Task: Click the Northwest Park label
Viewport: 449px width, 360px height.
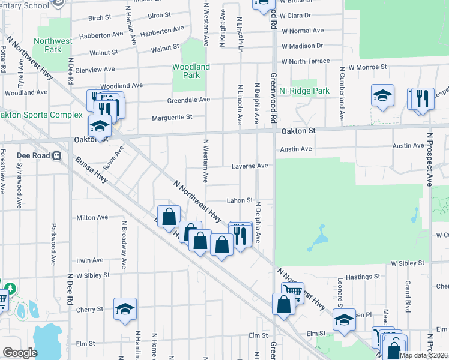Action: click(53, 45)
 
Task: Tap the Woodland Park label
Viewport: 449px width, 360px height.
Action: click(191, 71)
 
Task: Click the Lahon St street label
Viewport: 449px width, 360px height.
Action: click(240, 201)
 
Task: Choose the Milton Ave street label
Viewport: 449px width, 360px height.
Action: click(92, 217)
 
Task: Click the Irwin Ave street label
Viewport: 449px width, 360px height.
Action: click(89, 260)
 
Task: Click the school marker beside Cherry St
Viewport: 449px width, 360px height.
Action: click(125, 308)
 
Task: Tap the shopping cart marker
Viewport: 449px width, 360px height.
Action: click(292, 291)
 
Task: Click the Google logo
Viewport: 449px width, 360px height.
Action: click(19, 352)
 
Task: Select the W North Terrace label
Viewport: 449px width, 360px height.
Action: click(306, 61)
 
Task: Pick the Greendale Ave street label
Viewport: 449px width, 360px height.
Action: click(188, 100)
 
